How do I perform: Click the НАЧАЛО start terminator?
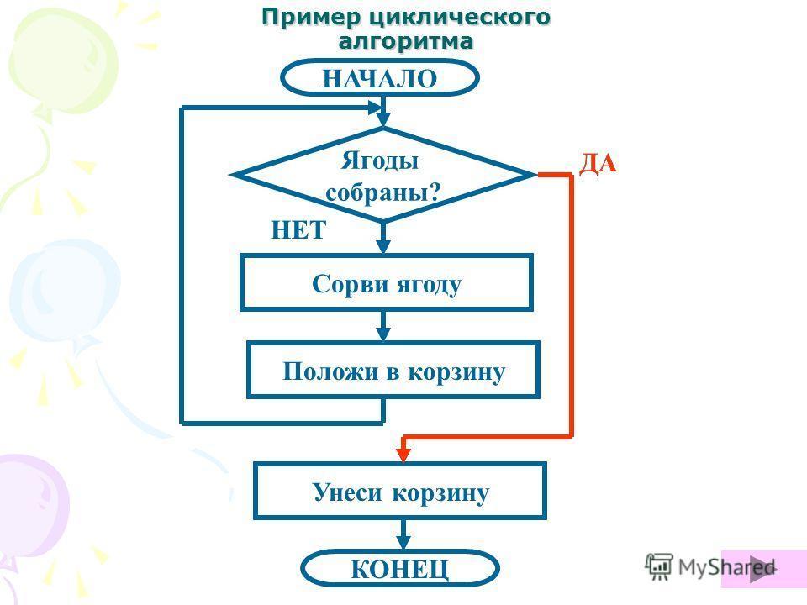click(380, 78)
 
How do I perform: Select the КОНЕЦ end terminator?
click(400, 569)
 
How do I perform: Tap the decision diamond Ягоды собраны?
click(383, 175)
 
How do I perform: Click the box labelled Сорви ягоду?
click(387, 283)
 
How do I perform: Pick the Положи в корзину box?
click(393, 371)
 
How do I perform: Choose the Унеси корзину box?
click(400, 492)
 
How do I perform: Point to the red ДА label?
click(598, 164)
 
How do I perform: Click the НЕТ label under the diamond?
click(298, 230)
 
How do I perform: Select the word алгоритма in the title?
click(405, 39)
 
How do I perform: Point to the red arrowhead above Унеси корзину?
click(403, 453)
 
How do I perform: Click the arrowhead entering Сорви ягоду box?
click(383, 246)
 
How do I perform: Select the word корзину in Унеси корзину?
click(443, 492)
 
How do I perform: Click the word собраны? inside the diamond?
click(383, 192)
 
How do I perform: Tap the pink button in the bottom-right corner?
click(764, 568)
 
